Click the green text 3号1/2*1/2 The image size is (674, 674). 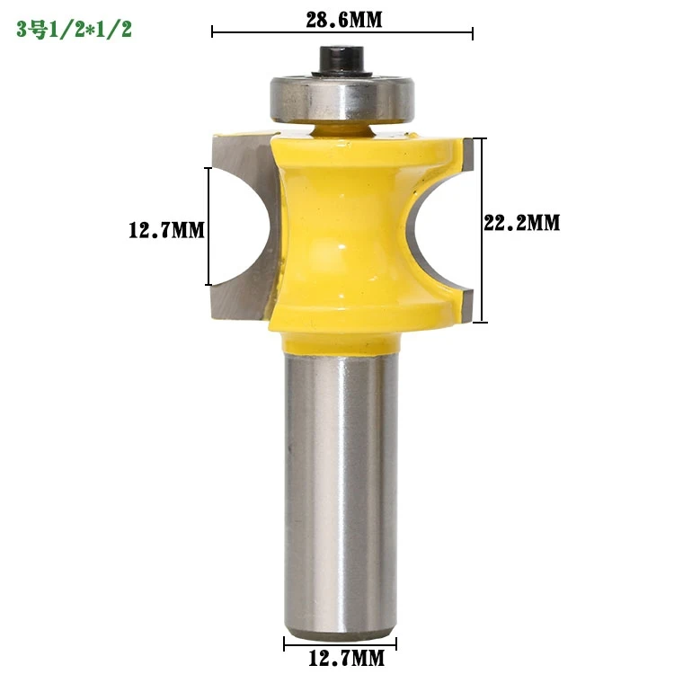click(74, 30)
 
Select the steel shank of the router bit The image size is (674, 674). click(341, 485)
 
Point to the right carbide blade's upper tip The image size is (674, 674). click(465, 146)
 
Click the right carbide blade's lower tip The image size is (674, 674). click(465, 304)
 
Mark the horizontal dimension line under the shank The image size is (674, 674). click(341, 643)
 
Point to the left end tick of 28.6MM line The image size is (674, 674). click(212, 34)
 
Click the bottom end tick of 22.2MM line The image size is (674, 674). click(483, 322)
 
